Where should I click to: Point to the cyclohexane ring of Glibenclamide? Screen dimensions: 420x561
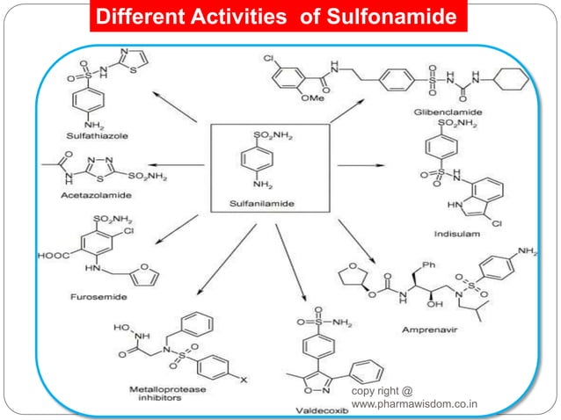[x=508, y=87]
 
